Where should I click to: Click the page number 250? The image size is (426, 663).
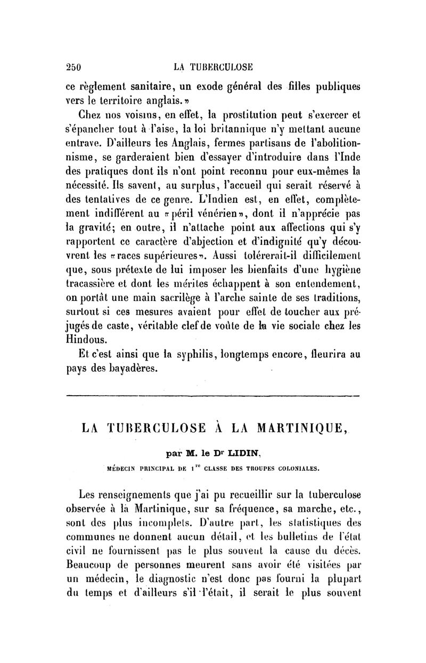(x=72, y=68)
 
